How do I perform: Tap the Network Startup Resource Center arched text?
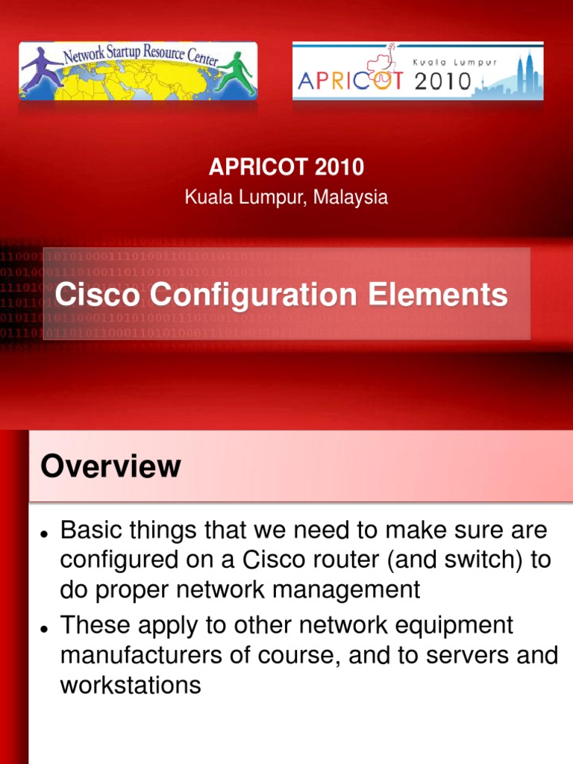[x=138, y=54]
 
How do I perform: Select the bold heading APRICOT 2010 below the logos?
[x=286, y=167]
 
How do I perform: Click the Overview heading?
[x=110, y=467]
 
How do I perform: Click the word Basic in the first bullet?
[x=88, y=531]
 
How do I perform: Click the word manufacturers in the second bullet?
[x=141, y=655]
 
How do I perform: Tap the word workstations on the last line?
[x=130, y=685]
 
